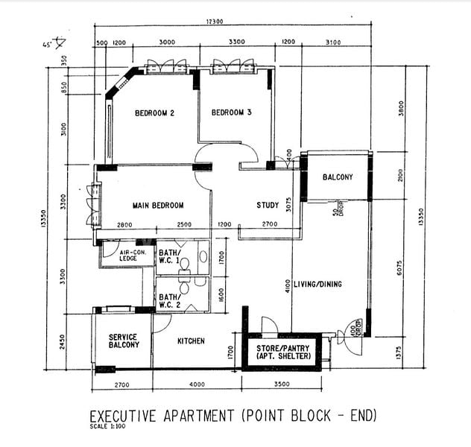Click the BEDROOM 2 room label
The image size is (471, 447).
tap(154, 113)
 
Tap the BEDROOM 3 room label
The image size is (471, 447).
tap(231, 113)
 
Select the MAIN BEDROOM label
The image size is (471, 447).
tap(157, 205)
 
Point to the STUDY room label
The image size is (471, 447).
tap(268, 205)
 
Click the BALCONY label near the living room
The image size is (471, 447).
tap(338, 177)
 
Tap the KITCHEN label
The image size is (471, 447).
tap(191, 341)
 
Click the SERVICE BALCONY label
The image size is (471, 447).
tap(124, 341)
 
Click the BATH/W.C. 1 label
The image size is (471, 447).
tap(168, 257)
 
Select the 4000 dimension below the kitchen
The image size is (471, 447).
tap(197, 385)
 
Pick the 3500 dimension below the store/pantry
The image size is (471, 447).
tap(282, 385)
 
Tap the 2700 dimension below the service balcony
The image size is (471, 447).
tap(122, 385)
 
